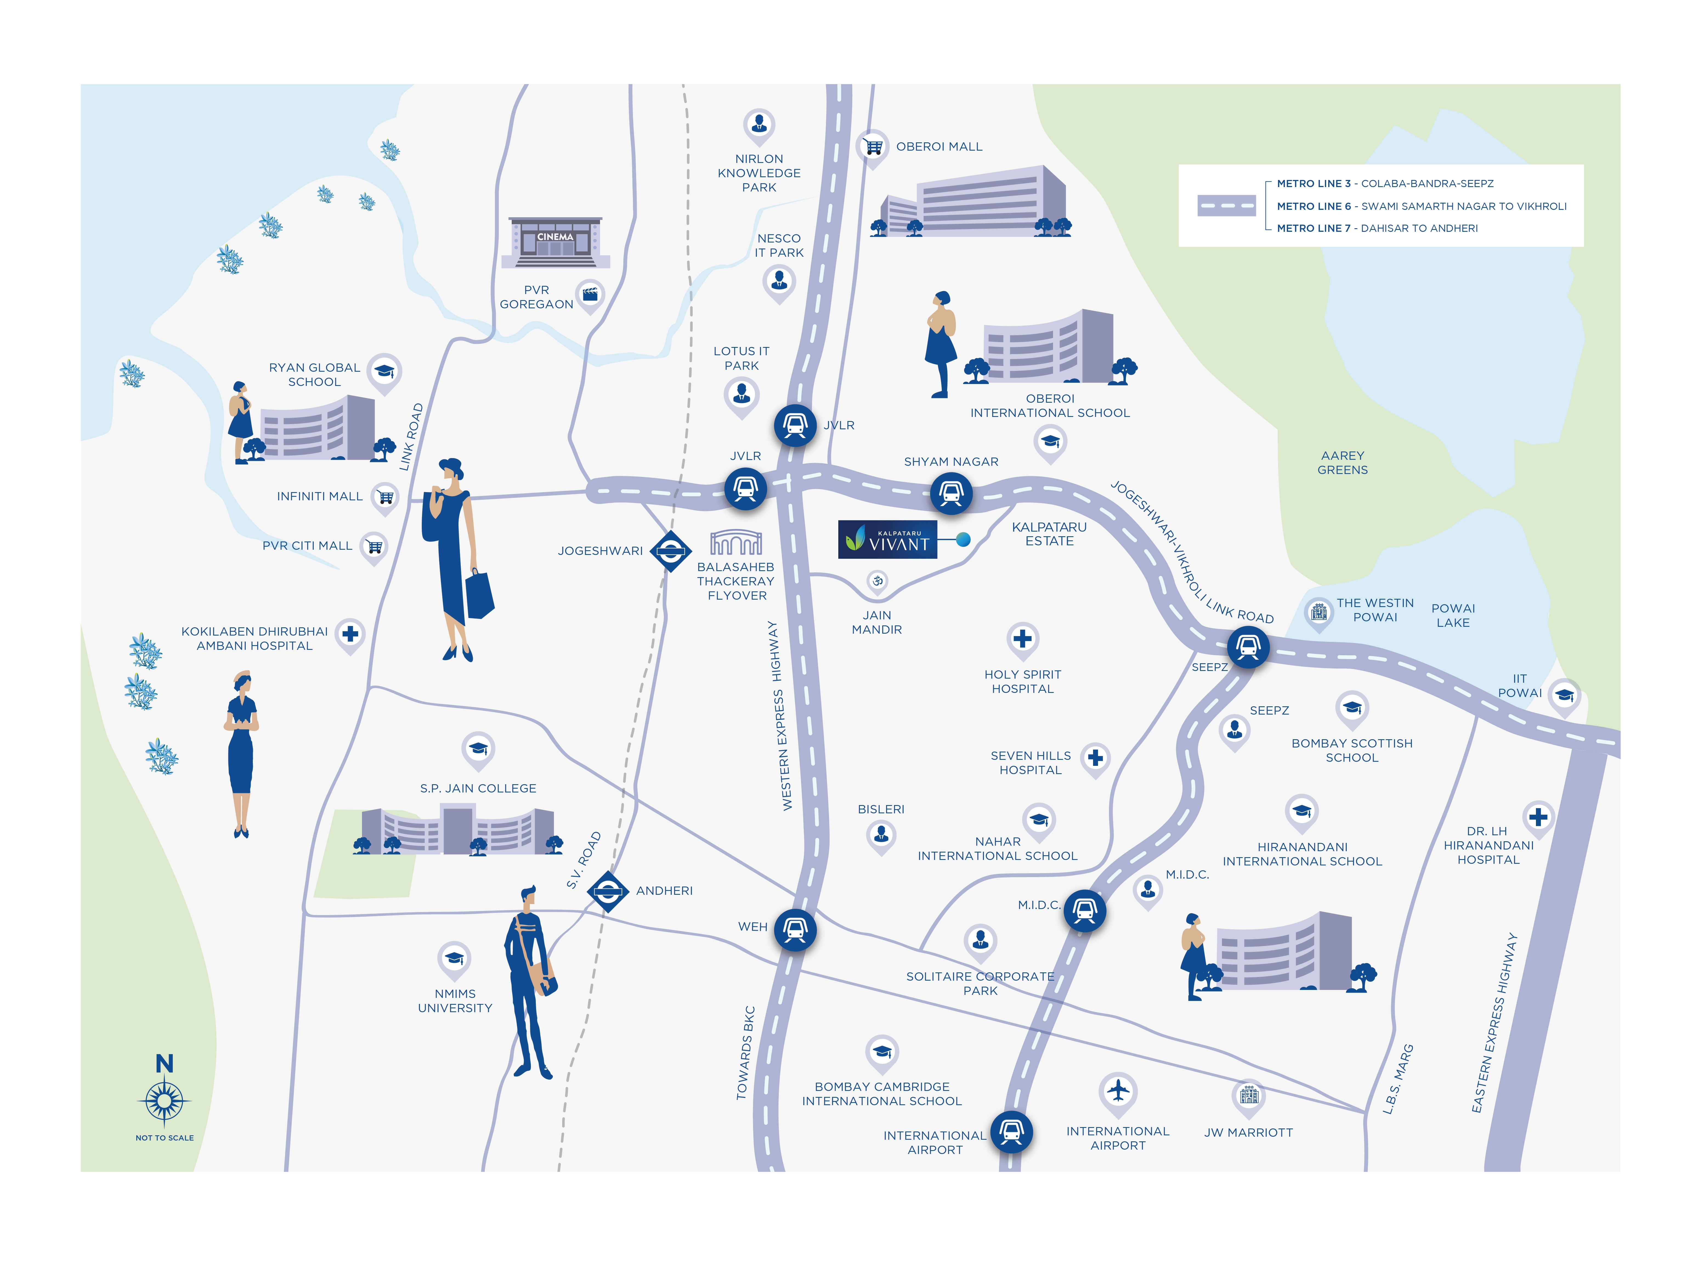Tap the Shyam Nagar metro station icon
[951, 493]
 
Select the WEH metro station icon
[795, 930]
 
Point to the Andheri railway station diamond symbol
[607, 891]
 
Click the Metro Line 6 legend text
[1421, 206]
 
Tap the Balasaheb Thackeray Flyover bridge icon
[736, 543]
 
